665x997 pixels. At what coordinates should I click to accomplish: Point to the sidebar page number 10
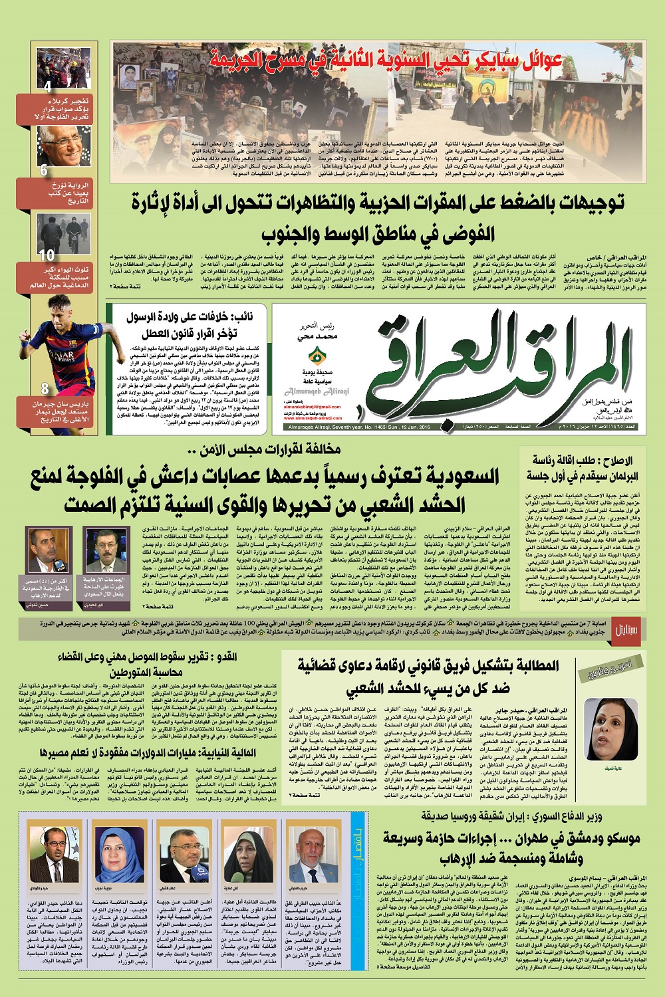tap(47, 255)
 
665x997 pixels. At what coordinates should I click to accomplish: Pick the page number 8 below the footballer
tap(45, 389)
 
